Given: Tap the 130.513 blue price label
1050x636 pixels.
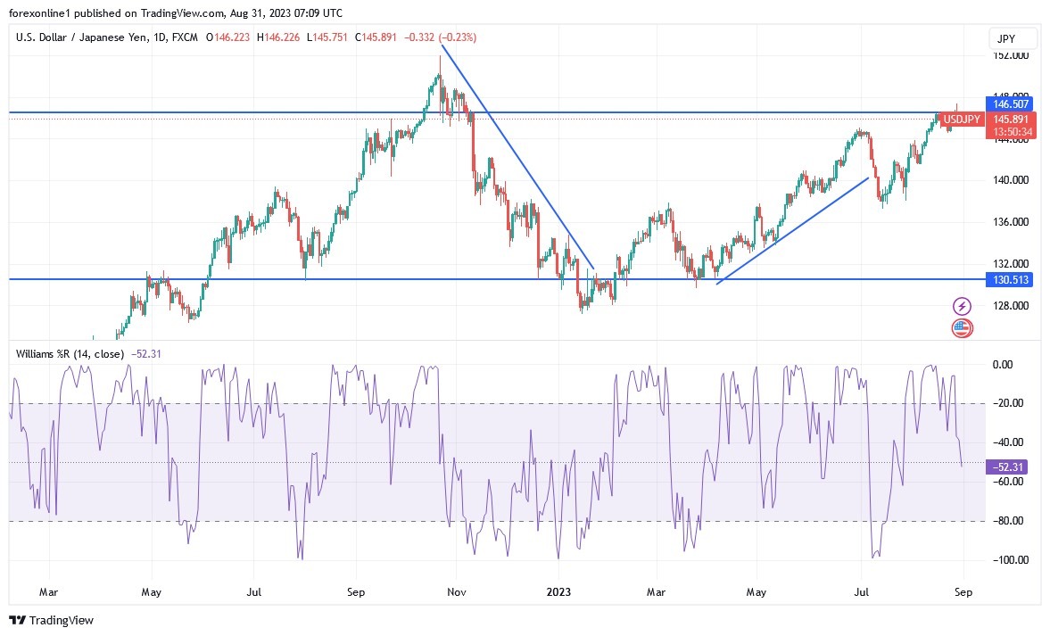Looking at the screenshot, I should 1011,280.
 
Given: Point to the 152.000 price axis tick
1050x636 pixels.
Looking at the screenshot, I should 1011,55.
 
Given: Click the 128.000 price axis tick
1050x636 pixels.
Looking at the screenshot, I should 1011,306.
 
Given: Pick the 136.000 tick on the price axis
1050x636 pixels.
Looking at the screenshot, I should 1011,222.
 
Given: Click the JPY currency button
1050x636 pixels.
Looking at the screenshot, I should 1013,39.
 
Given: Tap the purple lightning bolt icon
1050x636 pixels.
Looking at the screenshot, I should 962,306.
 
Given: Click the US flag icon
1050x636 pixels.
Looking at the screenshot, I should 962,327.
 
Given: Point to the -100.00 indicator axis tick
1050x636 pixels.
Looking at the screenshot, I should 1011,560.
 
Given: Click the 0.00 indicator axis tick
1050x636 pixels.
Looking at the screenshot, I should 1004,364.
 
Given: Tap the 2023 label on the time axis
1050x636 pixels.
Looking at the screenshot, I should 558,591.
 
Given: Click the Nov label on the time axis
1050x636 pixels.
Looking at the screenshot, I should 456,591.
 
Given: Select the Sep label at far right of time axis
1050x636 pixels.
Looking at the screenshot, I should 963,591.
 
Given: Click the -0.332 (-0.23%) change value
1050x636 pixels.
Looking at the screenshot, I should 440,37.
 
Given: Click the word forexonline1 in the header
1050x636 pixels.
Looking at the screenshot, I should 41,13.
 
